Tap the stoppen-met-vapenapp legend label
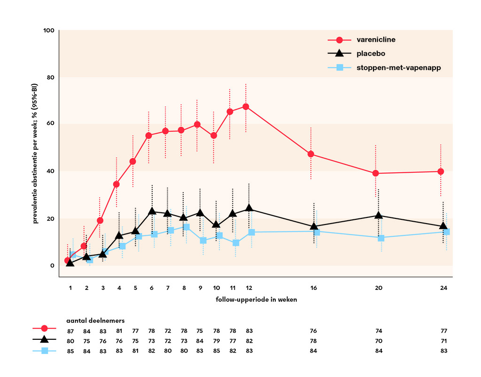coord(399,68)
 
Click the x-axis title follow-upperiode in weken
coord(256,299)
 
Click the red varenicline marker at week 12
coord(246,107)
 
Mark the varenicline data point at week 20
coord(376,173)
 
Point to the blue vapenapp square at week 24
coord(447,232)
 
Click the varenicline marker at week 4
coord(116,184)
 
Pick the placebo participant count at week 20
coord(379,341)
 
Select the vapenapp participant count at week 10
coord(217,351)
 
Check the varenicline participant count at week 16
coord(313,331)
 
